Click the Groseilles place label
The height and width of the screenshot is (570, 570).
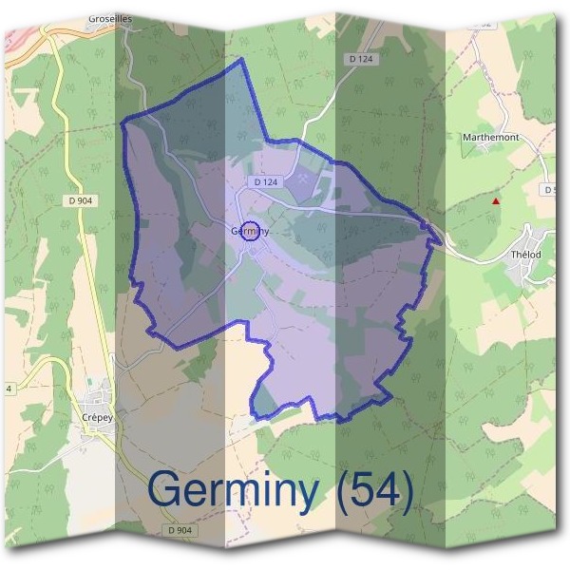click(109, 18)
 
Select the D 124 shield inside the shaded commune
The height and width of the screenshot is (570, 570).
click(266, 181)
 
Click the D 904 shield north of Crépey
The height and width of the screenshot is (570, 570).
click(82, 200)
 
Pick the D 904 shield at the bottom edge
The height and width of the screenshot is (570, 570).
click(177, 530)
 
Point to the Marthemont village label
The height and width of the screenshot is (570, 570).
click(490, 138)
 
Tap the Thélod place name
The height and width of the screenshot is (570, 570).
click(524, 254)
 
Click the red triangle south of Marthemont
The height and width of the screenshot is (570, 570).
click(494, 201)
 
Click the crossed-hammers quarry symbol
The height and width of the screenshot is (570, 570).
click(301, 177)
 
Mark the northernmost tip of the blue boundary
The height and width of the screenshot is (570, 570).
click(241, 59)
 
